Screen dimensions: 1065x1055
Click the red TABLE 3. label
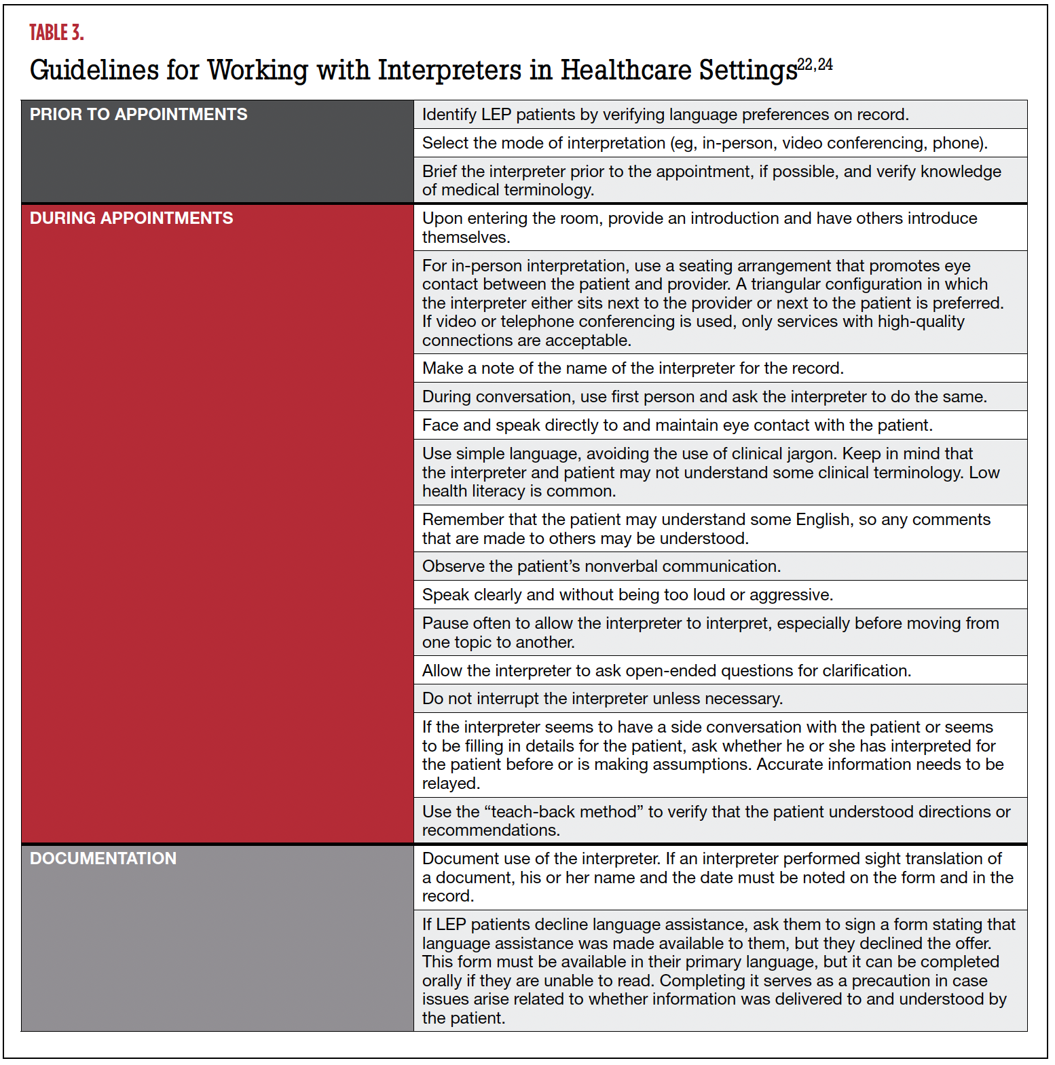(x=56, y=33)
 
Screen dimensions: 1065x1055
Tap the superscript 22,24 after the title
(x=815, y=64)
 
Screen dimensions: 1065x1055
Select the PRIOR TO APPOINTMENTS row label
(x=138, y=115)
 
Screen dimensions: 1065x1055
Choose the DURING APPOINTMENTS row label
(x=131, y=218)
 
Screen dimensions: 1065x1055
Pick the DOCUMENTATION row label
(x=103, y=859)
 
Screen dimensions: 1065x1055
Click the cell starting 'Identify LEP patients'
(x=665, y=115)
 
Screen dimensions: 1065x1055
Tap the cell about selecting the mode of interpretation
(x=704, y=143)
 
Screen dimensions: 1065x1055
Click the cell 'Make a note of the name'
(x=632, y=368)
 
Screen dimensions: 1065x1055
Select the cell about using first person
(x=704, y=397)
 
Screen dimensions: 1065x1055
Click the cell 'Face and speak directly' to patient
(x=677, y=425)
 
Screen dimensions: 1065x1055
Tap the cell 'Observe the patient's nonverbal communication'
(x=601, y=566)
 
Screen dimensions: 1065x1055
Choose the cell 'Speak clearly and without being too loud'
(x=627, y=595)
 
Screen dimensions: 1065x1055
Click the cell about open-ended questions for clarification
(x=666, y=671)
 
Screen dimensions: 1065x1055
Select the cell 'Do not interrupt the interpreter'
(x=602, y=699)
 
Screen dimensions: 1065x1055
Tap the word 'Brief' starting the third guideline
(x=439, y=172)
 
